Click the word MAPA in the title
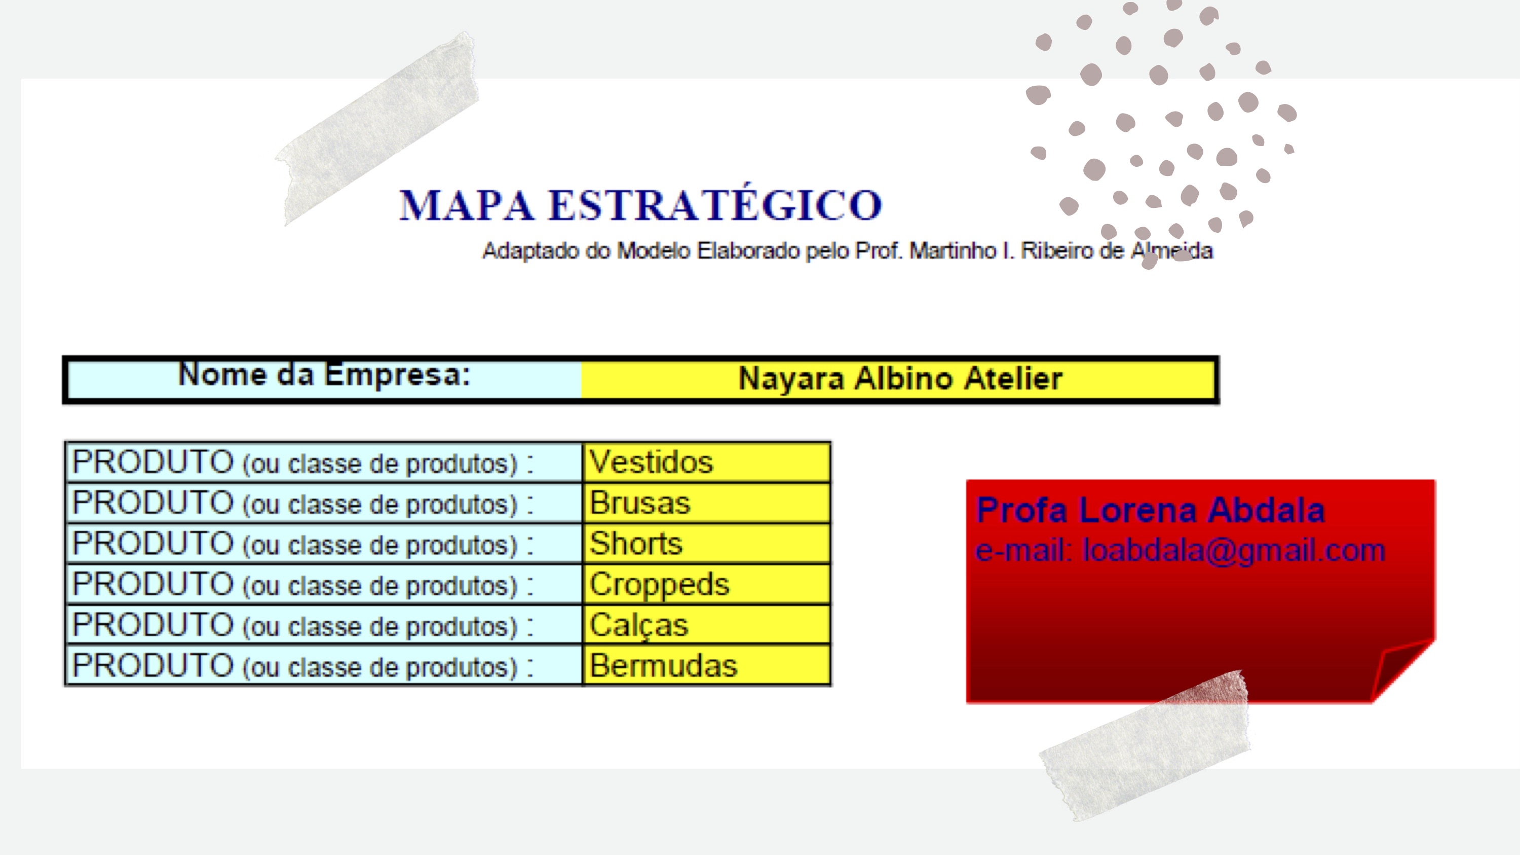click(x=466, y=205)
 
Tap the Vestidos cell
click(x=706, y=462)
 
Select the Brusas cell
click(x=706, y=503)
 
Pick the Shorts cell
click(x=706, y=544)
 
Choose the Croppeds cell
click(x=706, y=585)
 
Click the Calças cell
click(x=706, y=625)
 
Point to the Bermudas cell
click(x=706, y=665)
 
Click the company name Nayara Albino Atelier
click(x=900, y=378)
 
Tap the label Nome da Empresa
click(x=324, y=375)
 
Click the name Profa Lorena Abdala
click(x=1150, y=510)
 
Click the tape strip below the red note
click(x=1145, y=745)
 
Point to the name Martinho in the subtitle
click(x=953, y=251)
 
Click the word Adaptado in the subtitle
click(x=530, y=252)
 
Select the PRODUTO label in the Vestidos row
click(x=153, y=462)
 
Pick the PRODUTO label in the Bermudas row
click(x=153, y=665)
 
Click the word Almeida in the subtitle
click(x=1172, y=251)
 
